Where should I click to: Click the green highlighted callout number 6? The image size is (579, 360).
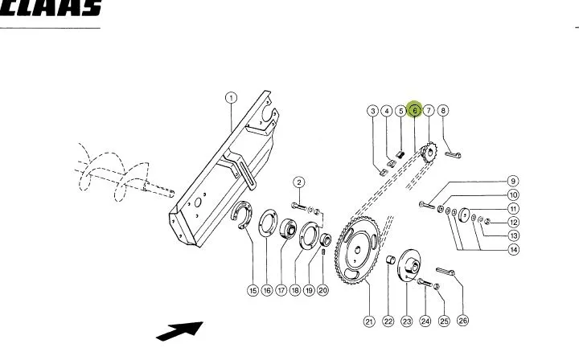click(x=415, y=110)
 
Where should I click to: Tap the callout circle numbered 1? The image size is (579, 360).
click(x=231, y=98)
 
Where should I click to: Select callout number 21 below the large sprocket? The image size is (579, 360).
click(x=369, y=321)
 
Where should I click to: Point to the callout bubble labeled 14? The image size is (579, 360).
click(x=514, y=250)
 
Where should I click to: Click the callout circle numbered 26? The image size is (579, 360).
click(x=462, y=321)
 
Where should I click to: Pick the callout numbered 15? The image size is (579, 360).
click(x=253, y=291)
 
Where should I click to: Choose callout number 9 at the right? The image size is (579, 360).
click(x=513, y=181)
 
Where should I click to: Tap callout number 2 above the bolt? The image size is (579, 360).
click(x=299, y=182)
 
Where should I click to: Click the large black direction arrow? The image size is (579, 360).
click(x=180, y=331)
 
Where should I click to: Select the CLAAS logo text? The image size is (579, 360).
click(x=51, y=7)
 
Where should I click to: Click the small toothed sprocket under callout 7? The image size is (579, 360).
click(x=429, y=152)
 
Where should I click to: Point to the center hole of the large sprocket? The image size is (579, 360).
click(x=357, y=251)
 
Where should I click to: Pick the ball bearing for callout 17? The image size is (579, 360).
click(x=288, y=228)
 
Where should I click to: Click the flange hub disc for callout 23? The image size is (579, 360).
click(x=409, y=266)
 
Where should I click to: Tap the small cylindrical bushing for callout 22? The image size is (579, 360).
click(x=390, y=260)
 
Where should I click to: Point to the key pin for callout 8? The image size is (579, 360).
click(x=453, y=154)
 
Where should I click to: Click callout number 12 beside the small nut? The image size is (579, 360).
click(x=513, y=223)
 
